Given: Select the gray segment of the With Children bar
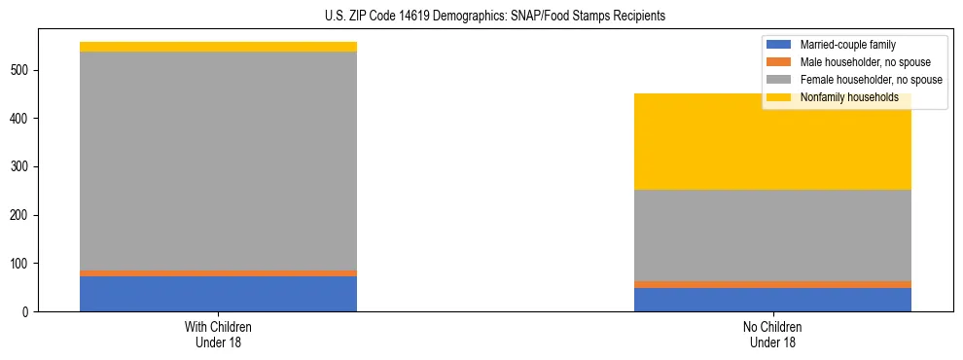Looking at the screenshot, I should [218, 161].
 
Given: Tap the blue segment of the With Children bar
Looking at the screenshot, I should [218, 294].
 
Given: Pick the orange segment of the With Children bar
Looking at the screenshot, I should [218, 273].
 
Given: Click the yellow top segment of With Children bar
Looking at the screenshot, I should [218, 47].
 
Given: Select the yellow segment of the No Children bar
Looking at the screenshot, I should [772, 142].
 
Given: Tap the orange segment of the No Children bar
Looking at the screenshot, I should [772, 284].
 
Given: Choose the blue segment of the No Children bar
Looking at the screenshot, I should [772, 300].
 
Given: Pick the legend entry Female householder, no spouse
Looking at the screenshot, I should [871, 80].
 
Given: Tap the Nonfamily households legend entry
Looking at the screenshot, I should [848, 97].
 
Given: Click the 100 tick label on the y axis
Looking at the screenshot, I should [23, 264].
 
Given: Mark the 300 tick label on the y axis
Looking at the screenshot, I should [23, 167].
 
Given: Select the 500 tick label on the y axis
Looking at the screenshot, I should [23, 71].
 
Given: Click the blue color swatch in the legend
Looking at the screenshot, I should [779, 45].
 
